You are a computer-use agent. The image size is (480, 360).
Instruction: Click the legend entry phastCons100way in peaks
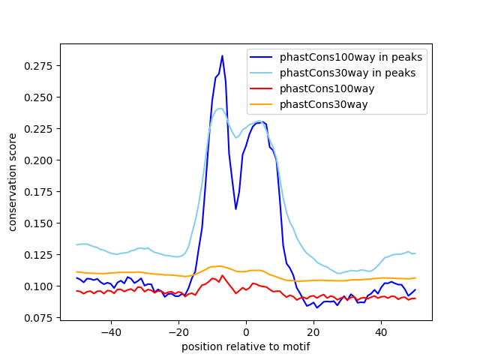pyautogui.click(x=351, y=57)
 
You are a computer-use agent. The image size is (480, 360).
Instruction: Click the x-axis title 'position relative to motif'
pyautogui.click(x=245, y=346)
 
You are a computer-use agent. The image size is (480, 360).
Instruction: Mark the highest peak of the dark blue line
pyautogui.click(x=222, y=55)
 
